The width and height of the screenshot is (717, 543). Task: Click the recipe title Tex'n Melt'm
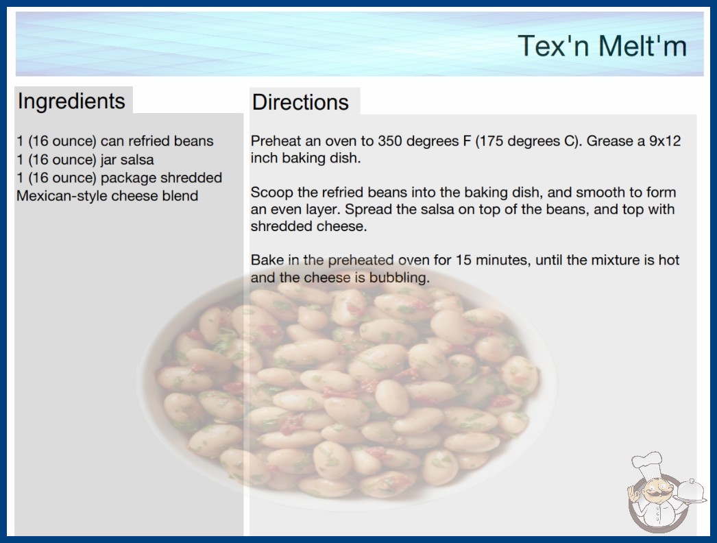click(x=603, y=46)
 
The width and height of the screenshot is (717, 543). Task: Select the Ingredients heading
click(x=71, y=101)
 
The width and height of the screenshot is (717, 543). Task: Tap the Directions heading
click(x=300, y=102)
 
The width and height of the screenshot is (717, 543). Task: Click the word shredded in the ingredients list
click(x=191, y=178)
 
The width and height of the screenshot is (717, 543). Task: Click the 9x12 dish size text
click(x=666, y=141)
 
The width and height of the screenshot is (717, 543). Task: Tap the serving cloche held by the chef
click(x=691, y=491)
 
